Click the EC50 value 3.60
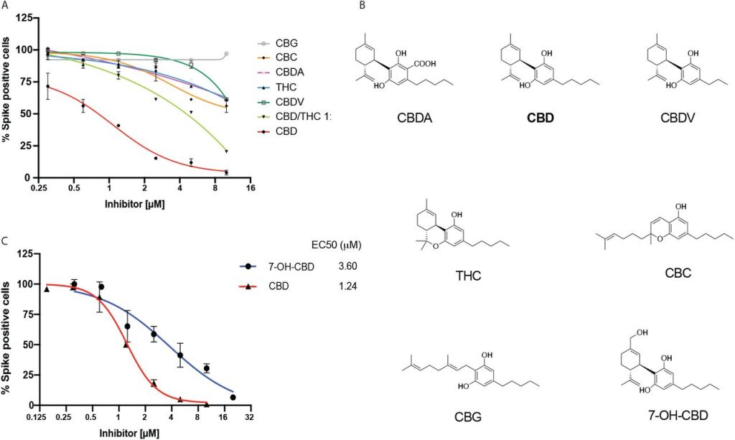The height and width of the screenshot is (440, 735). pos(348,266)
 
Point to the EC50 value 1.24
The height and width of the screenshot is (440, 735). pos(348,285)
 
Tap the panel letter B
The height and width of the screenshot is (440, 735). pos(362,6)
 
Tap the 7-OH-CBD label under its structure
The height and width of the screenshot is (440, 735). pos(665,416)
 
